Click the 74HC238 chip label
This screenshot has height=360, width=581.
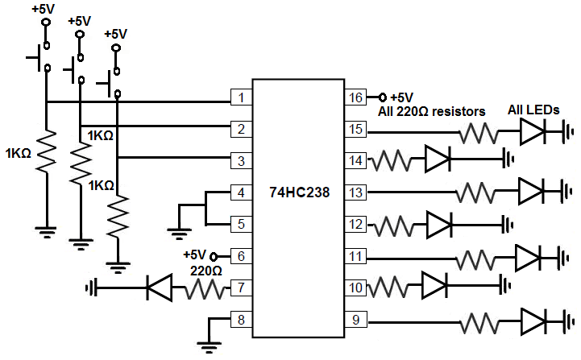[300, 192]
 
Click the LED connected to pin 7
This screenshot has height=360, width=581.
[159, 288]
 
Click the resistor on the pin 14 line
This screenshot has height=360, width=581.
[394, 159]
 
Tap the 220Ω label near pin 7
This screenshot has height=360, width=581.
[206, 271]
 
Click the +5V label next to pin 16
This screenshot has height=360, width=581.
[402, 97]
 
